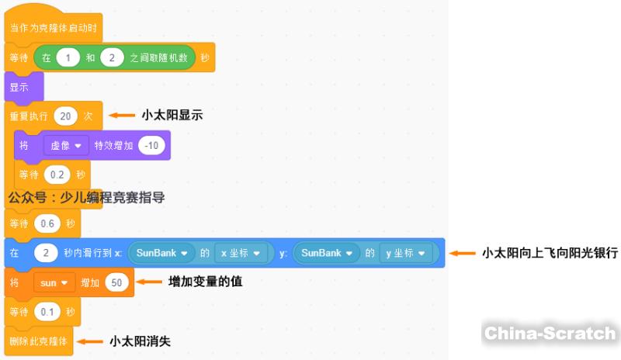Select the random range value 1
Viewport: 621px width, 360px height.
pos(70,58)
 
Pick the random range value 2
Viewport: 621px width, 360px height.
pos(113,58)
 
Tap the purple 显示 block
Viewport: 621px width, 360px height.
pos(20,87)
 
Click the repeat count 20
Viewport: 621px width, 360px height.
pos(66,116)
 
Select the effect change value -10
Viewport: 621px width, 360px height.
pos(151,145)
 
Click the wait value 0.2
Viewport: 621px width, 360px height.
pos(57,174)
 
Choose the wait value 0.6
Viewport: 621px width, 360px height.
pos(47,223)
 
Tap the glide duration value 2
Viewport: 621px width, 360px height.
pos(47,253)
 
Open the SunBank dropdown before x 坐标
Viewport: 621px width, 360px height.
pos(162,253)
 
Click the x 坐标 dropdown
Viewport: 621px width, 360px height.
pos(243,253)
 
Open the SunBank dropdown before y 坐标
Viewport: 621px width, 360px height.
pos(327,253)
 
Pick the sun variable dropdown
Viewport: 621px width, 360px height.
pos(54,282)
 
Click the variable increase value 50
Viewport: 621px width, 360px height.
pos(116,282)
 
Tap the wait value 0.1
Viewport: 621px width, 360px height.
pos(47,312)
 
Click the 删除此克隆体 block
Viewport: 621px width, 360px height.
pos(39,341)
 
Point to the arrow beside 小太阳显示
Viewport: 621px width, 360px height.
pos(121,115)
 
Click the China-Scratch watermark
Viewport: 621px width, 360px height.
pos(550,333)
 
